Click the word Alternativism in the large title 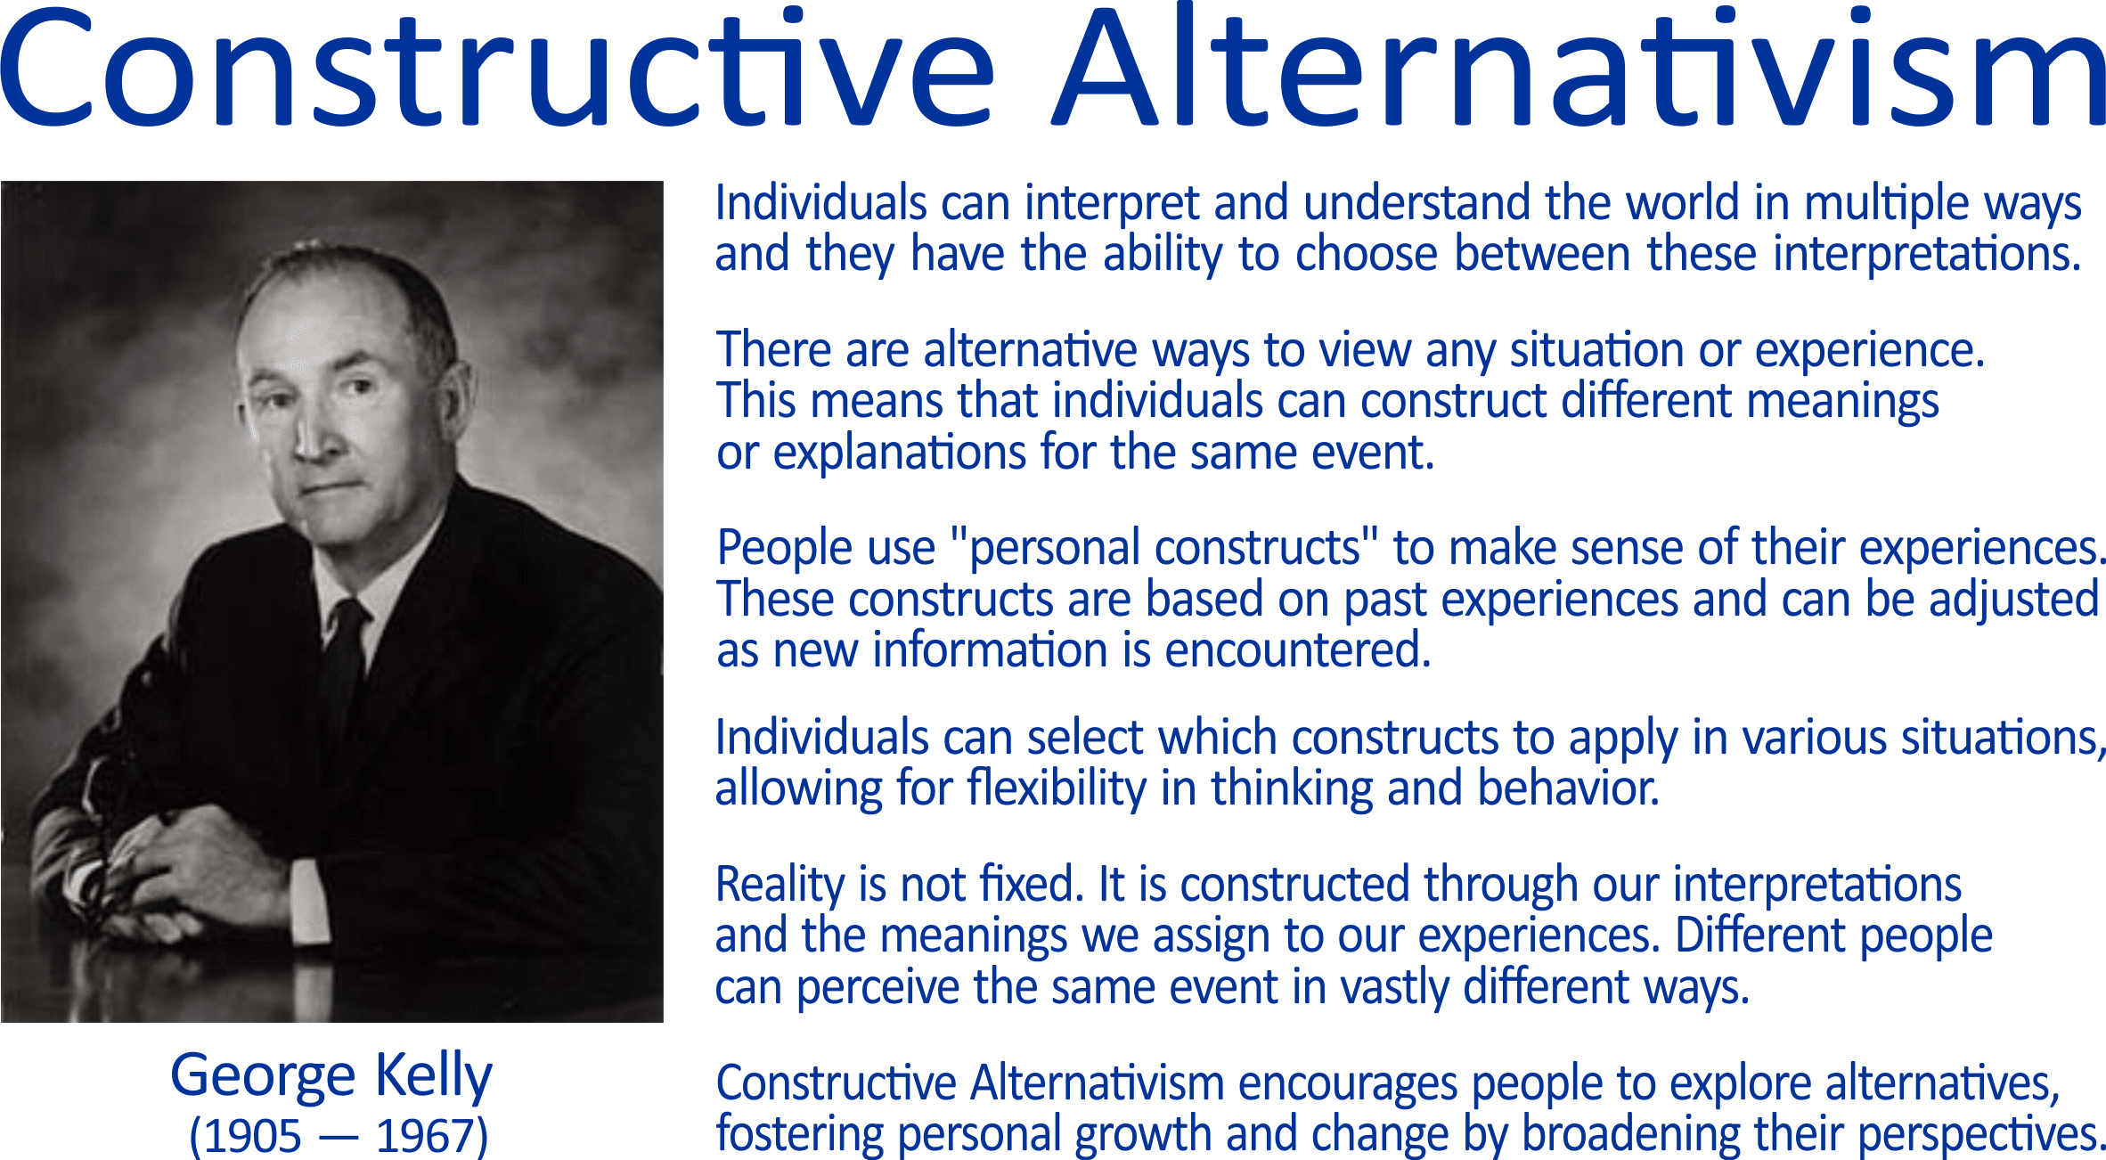pyautogui.click(x=1579, y=68)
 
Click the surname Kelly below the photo pyautogui.click(x=433, y=1076)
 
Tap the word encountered pyautogui.click(x=1297, y=650)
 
